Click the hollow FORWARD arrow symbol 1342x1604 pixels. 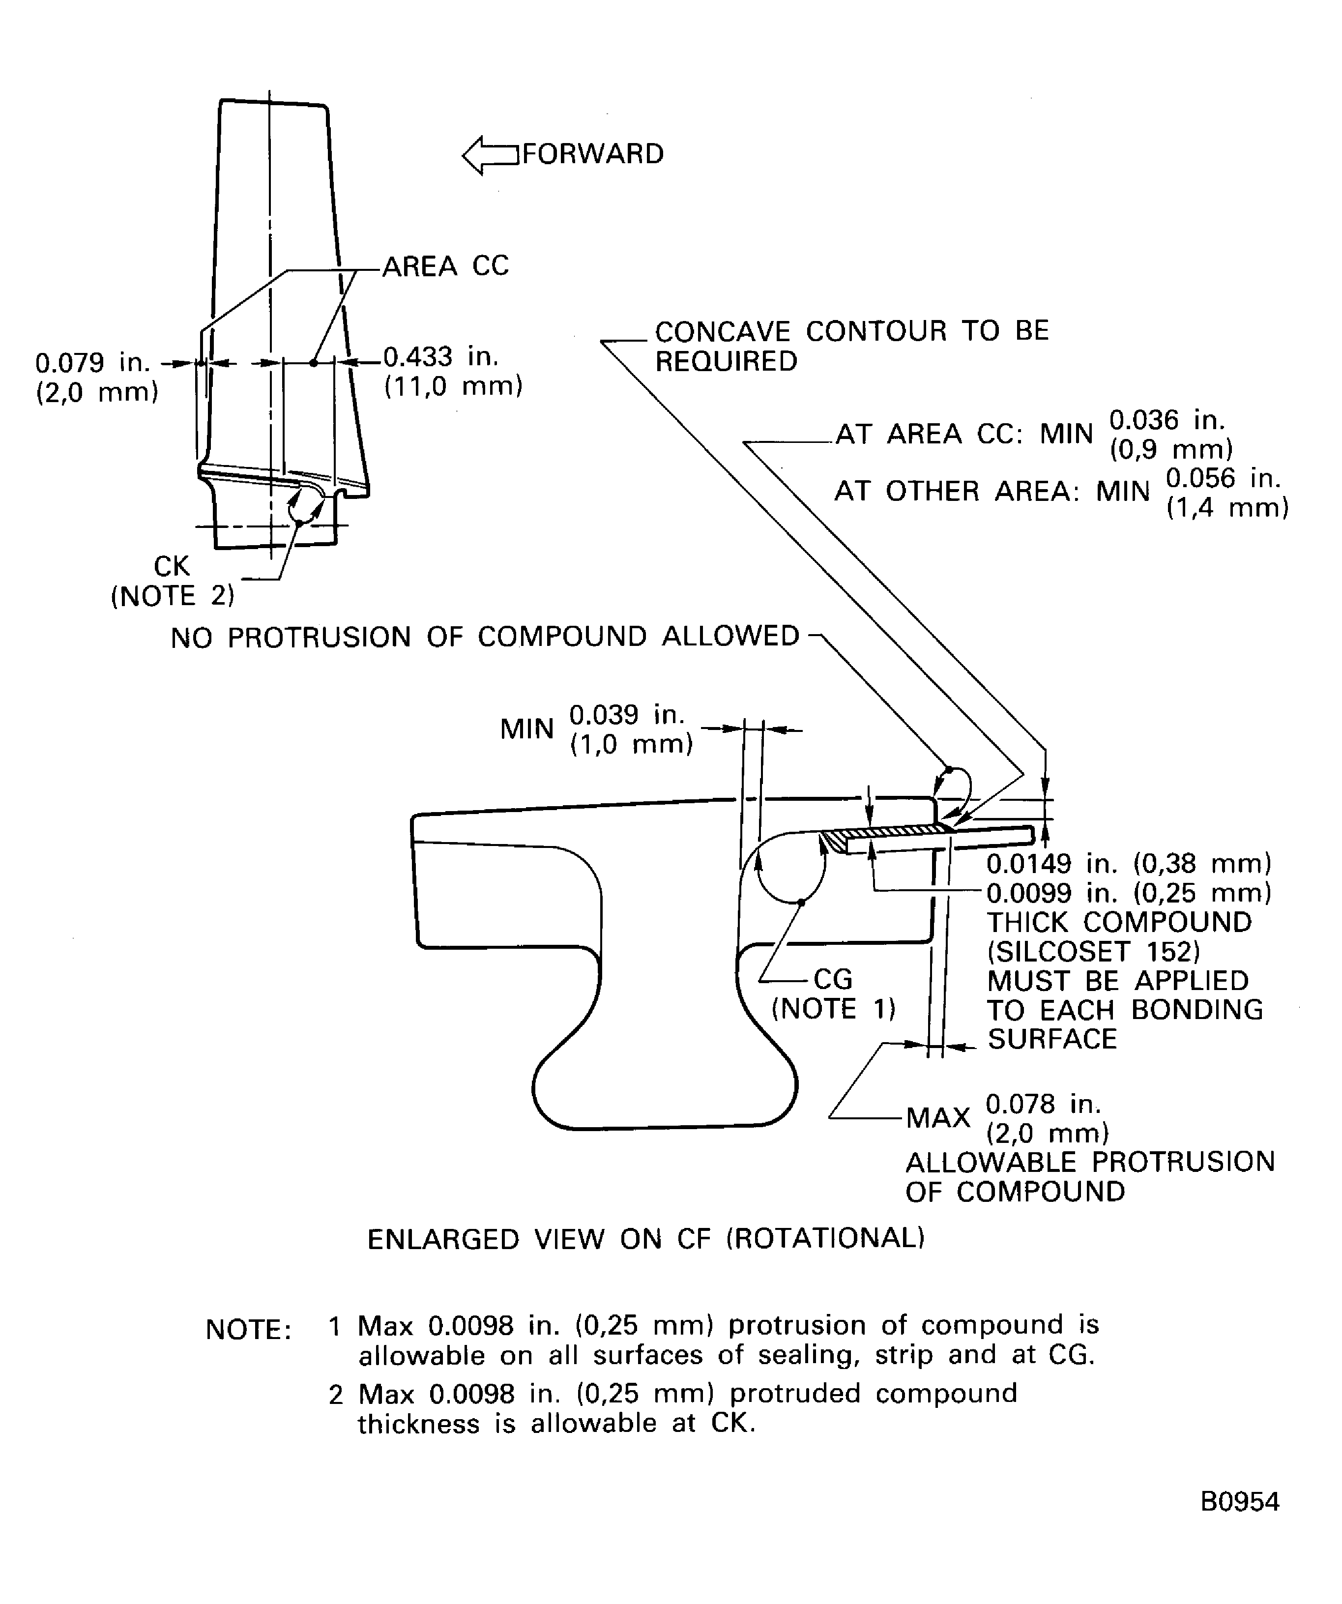pyautogui.click(x=489, y=155)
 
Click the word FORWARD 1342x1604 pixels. pyautogui.click(x=593, y=154)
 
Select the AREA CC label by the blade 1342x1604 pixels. pyautogui.click(x=445, y=266)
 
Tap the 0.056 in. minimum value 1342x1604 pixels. pyautogui.click(x=1222, y=478)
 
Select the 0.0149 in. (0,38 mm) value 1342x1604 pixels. pyautogui.click(x=1128, y=863)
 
